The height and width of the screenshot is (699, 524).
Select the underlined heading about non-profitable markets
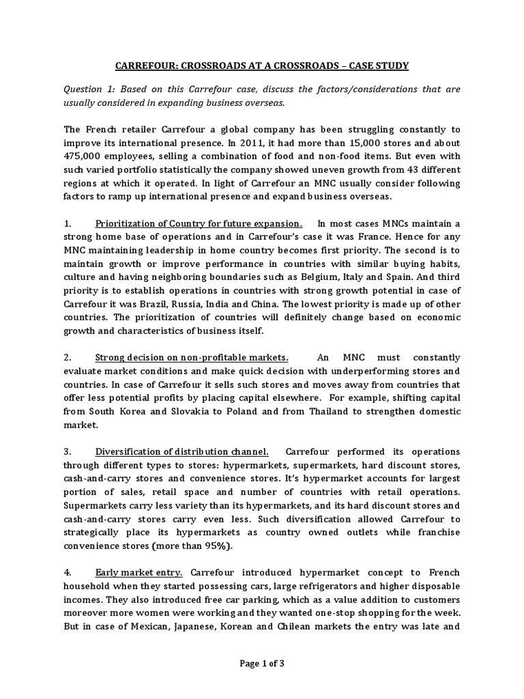tap(192, 358)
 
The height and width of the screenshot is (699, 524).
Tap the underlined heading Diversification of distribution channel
tap(181, 452)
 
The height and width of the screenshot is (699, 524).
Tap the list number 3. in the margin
tap(68, 452)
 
